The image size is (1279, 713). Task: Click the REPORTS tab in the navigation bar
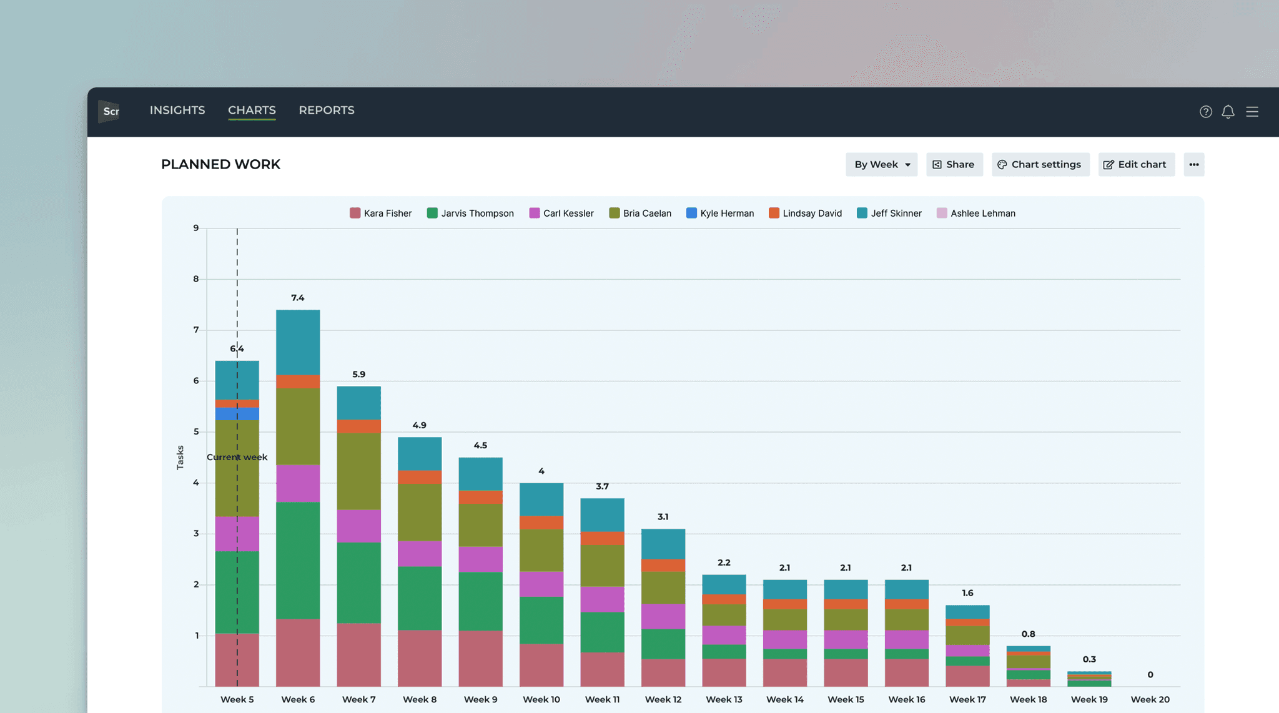point(326,111)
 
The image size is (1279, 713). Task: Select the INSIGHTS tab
point(177,111)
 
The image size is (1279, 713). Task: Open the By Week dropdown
point(881,165)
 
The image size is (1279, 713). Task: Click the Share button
point(954,165)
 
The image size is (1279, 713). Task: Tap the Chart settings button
point(1040,165)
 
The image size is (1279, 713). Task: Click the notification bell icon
point(1228,112)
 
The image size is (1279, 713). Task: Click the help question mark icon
point(1205,112)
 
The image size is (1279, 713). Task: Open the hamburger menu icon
point(1252,112)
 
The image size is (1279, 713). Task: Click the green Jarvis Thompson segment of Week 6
point(298,560)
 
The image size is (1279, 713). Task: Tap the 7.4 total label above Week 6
point(298,298)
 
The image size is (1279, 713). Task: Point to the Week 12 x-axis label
point(663,699)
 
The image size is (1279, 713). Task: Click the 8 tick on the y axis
point(196,279)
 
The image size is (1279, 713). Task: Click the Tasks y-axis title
point(180,458)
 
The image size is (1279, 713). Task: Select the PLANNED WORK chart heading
point(220,165)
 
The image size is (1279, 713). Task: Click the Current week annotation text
point(237,457)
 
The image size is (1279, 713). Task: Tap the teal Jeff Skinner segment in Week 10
point(541,499)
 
